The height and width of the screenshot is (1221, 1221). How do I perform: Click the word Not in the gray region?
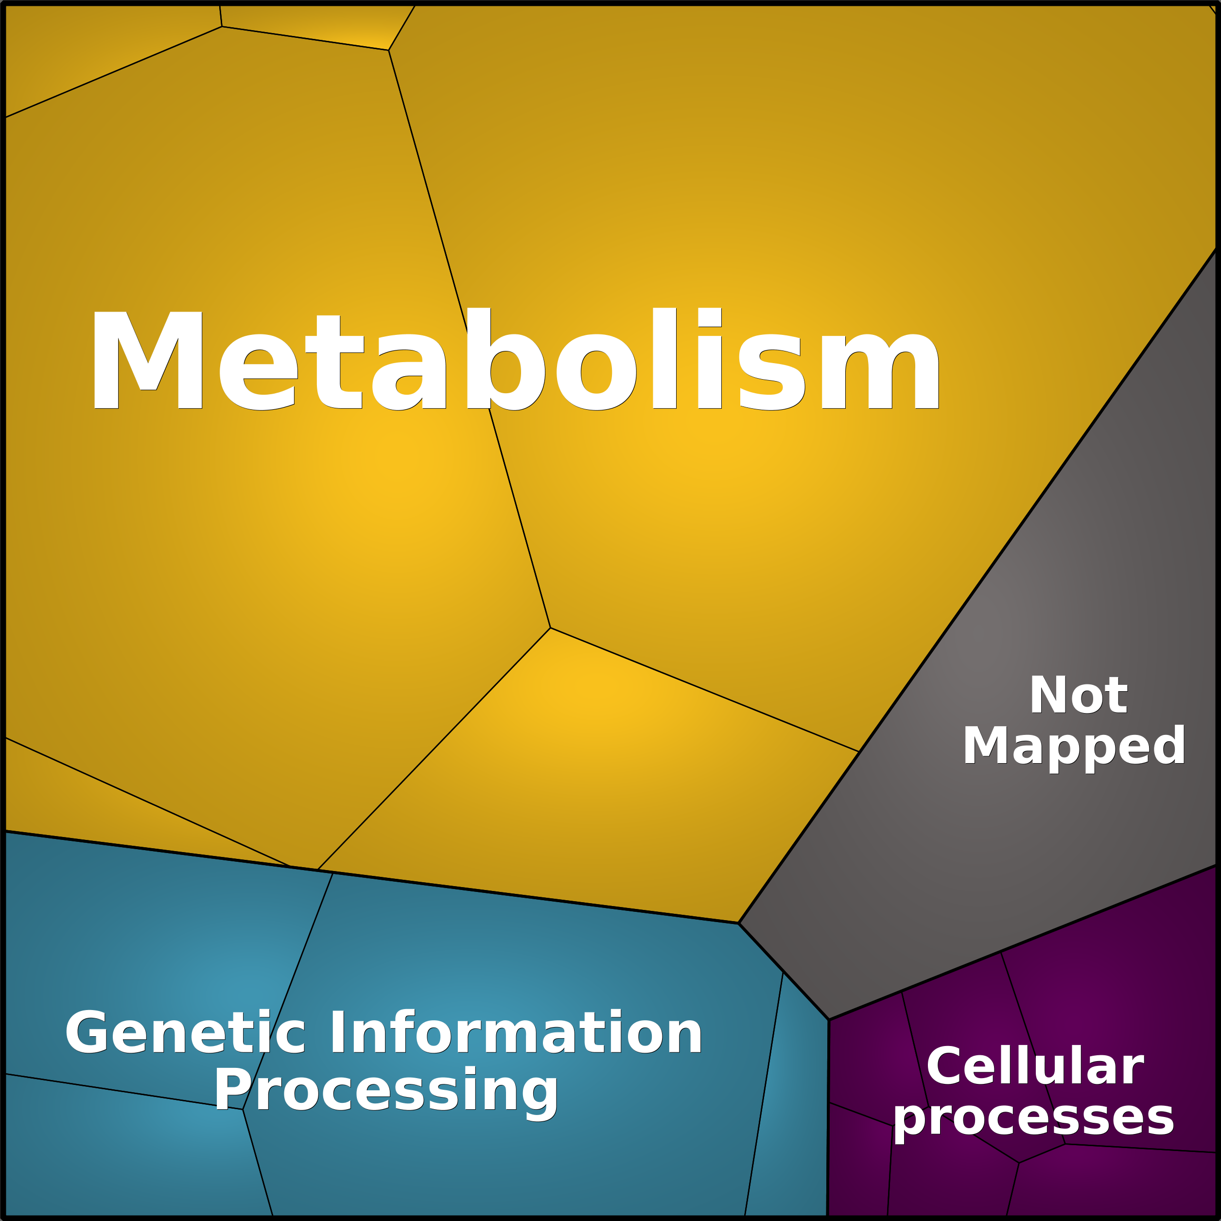(1078, 695)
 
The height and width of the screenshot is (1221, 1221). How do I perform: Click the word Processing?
(386, 1092)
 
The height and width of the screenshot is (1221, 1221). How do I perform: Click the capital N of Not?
(1050, 695)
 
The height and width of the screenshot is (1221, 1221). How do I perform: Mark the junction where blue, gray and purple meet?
(829, 1019)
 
